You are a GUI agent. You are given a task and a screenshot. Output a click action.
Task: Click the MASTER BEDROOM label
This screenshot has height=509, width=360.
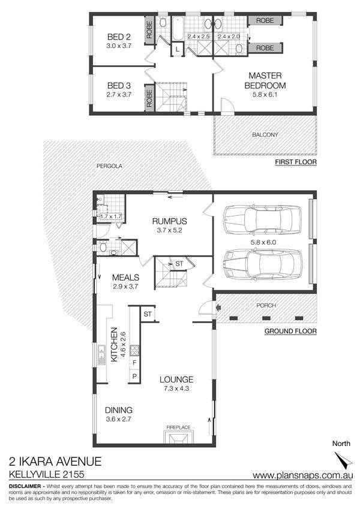pos(265,80)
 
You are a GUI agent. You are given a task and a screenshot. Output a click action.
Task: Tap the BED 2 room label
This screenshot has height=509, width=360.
pos(119,37)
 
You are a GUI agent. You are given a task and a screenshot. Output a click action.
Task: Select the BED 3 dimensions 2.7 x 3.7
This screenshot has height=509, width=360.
pos(119,95)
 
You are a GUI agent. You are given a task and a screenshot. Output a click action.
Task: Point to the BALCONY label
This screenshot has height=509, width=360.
pos(265,134)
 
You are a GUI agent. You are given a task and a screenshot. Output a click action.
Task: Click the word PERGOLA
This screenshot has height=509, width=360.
pos(109,166)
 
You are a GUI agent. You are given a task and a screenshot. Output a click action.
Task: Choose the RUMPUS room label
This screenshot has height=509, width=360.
pos(170,221)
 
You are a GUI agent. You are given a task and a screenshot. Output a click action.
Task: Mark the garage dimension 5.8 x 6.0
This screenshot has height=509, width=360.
pos(263,242)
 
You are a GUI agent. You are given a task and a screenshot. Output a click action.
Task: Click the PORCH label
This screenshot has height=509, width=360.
pos(266,306)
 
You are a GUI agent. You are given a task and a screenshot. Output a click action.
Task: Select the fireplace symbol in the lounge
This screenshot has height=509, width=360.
pos(178,436)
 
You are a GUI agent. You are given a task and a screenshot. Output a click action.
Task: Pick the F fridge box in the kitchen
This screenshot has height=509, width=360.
pos(134,363)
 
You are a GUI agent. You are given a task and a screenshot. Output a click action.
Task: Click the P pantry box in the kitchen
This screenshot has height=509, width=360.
pos(134,377)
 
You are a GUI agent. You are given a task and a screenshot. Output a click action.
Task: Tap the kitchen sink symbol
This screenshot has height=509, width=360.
pos(101,354)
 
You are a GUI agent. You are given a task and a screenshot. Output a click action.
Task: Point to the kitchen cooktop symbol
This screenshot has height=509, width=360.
pos(134,350)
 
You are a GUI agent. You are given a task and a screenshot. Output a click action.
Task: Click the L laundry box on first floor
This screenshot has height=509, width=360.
pos(178,49)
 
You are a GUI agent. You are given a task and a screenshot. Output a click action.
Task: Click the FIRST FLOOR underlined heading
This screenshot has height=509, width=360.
pos(296,162)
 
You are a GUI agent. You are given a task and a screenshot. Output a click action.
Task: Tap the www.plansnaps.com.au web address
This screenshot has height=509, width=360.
pos(303,475)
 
